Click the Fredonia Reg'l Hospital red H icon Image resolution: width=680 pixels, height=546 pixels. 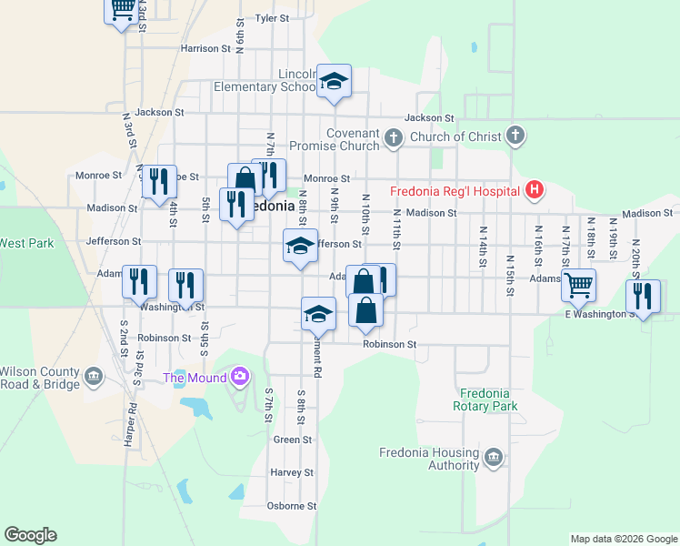535,190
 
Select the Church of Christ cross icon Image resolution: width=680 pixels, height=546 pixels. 515,136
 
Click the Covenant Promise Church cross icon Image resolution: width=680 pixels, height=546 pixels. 393,138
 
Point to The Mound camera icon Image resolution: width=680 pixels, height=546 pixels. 240,375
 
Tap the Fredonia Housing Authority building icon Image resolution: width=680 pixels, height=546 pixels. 494,457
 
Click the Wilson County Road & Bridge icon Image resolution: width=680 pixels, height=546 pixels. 94,376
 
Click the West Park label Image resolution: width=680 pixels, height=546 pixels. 26,243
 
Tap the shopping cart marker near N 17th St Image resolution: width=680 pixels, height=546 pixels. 578,285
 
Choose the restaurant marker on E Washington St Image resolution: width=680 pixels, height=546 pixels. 643,297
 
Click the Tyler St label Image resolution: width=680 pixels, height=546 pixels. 271,18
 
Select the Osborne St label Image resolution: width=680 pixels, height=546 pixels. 292,506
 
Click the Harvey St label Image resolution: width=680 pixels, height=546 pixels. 292,473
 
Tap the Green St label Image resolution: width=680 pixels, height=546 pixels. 293,440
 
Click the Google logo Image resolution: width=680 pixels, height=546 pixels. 30,535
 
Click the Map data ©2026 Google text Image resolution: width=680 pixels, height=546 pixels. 623,539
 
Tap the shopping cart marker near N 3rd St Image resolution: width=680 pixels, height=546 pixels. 121,11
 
